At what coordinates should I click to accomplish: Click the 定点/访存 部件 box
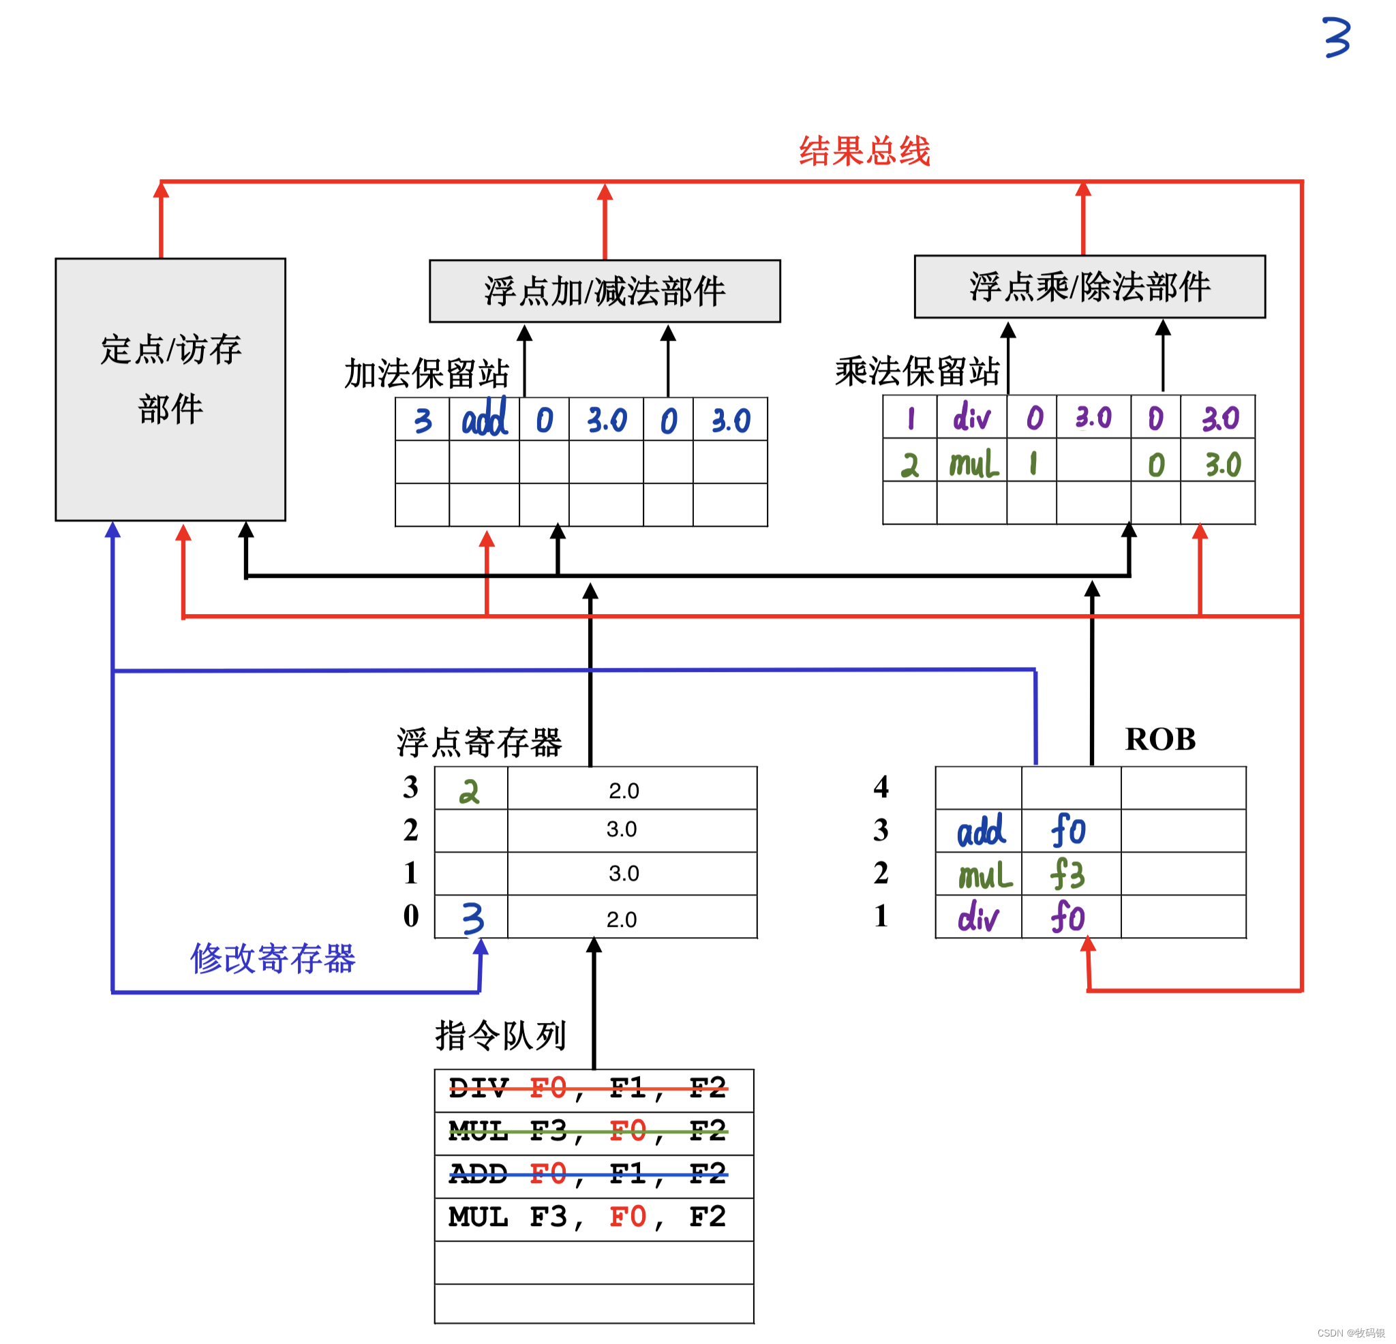pos(170,389)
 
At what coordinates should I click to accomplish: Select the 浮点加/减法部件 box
pos(605,291)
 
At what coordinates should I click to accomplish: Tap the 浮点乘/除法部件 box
pos(1090,287)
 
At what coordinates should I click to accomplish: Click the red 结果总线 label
pos(864,152)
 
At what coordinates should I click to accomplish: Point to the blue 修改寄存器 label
pos(273,958)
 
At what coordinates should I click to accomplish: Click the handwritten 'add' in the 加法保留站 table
pos(485,420)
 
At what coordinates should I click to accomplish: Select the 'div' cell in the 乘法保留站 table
pos(971,417)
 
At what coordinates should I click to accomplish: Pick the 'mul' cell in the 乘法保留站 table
pos(973,464)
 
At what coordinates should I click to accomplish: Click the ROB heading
pos(1159,739)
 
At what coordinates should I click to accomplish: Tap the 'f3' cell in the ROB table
pos(1068,874)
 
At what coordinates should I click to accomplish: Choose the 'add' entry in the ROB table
pos(981,831)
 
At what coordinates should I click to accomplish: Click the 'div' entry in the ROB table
pos(978,917)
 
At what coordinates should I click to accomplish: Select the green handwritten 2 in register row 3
pos(470,791)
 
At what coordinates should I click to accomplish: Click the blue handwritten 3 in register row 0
pos(472,919)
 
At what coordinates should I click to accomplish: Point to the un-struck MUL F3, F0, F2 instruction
pos(588,1217)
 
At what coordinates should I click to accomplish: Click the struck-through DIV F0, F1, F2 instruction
pos(588,1088)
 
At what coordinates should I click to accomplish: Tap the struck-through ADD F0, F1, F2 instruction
pos(588,1174)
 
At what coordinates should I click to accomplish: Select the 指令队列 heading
pos(501,1035)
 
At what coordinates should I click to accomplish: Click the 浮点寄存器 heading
pos(479,743)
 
